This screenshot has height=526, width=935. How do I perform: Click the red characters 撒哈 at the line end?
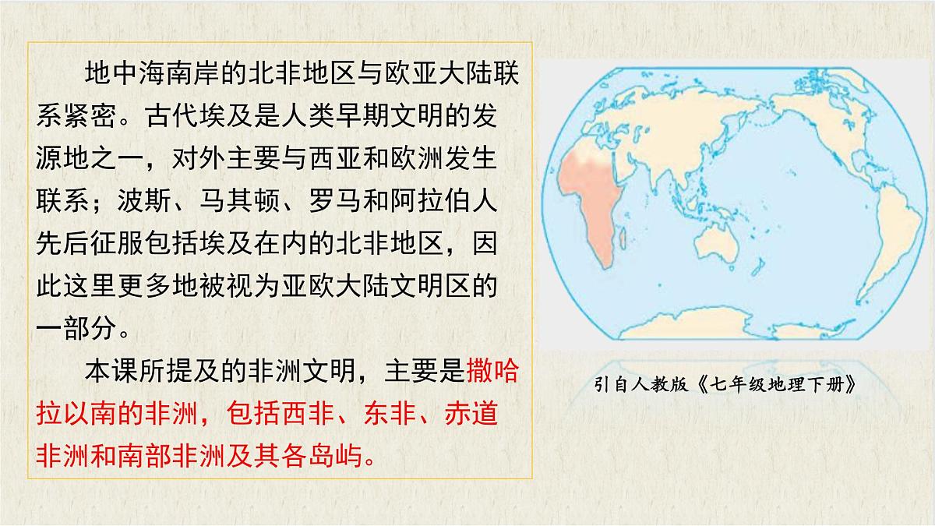(x=492, y=371)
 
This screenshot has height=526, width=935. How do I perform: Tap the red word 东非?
(x=385, y=413)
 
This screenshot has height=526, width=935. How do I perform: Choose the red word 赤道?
(x=471, y=413)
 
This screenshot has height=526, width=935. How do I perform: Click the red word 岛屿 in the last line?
(x=337, y=455)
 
